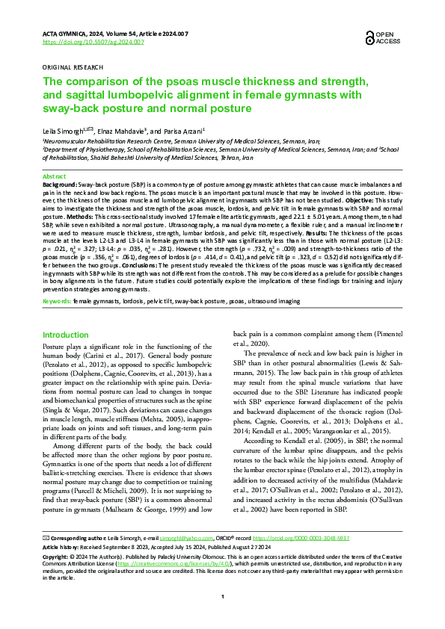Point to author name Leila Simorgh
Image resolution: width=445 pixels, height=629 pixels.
point(64,131)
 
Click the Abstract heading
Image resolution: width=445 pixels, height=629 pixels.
point(55,176)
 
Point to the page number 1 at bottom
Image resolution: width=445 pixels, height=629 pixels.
point(223,618)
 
